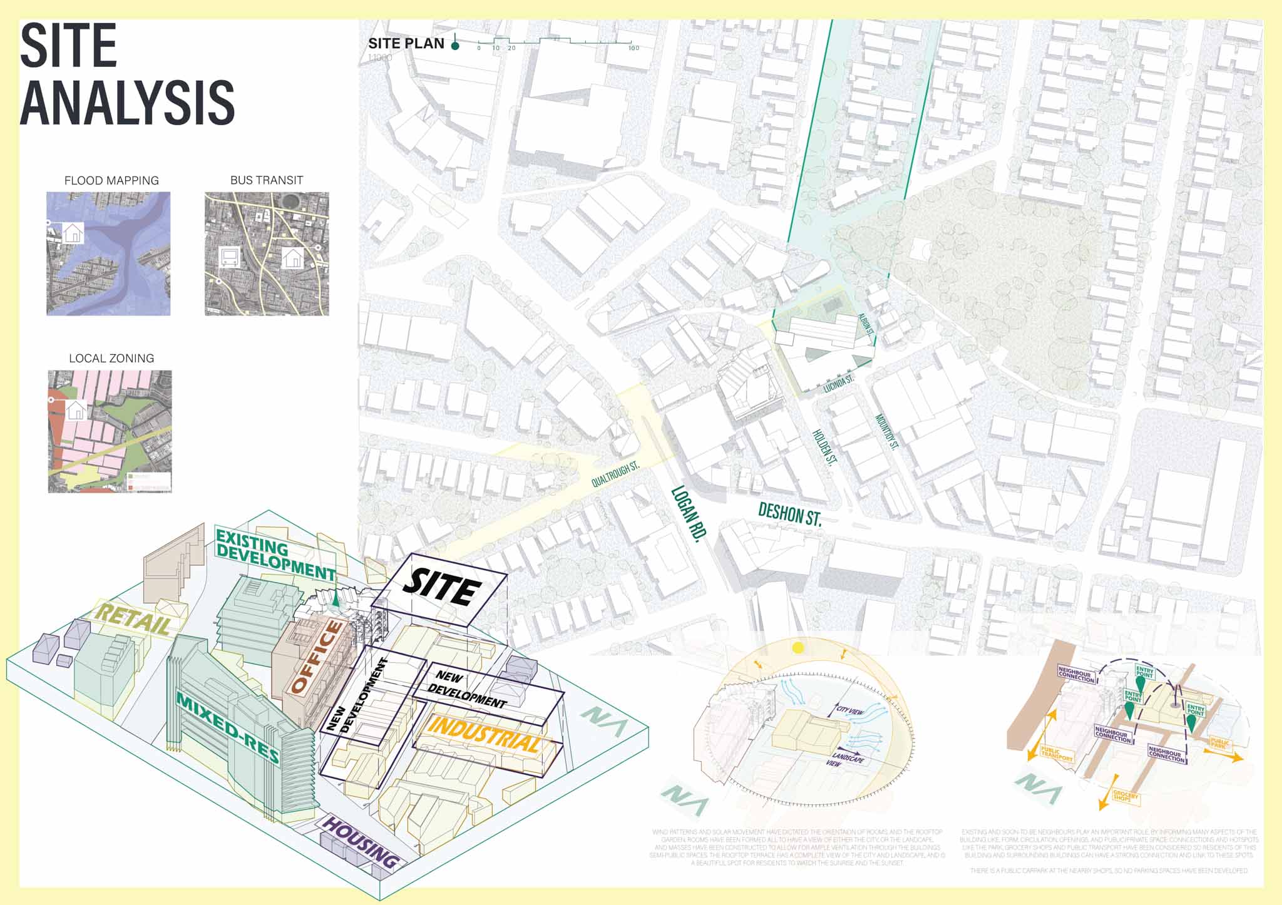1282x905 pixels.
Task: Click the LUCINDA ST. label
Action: (838, 384)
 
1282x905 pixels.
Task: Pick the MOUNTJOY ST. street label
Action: (887, 432)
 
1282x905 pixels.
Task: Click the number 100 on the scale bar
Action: (633, 48)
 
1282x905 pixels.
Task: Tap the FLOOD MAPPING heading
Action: (111, 181)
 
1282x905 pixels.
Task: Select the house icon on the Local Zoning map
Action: (76, 411)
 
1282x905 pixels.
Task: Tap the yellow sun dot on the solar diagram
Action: (797, 648)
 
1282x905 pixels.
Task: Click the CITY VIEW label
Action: (850, 710)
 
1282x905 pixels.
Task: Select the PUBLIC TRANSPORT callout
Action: (1057, 754)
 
